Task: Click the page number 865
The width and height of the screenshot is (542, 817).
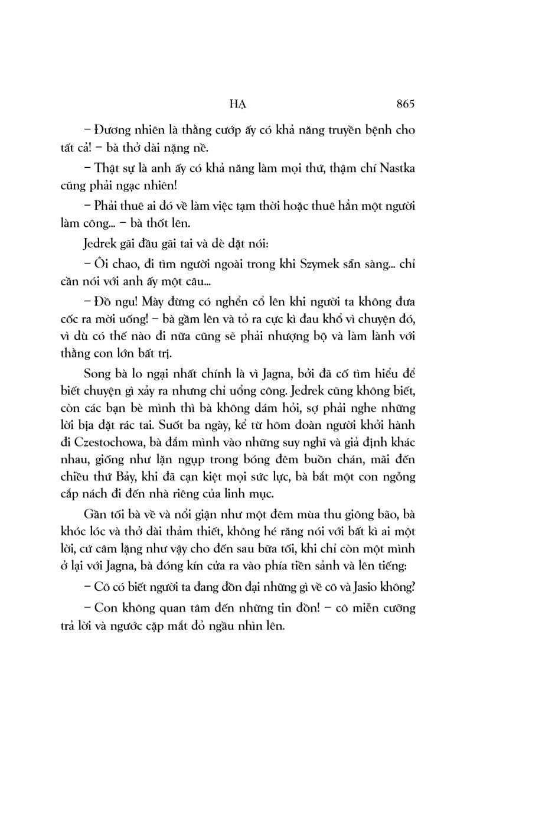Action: (x=406, y=104)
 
